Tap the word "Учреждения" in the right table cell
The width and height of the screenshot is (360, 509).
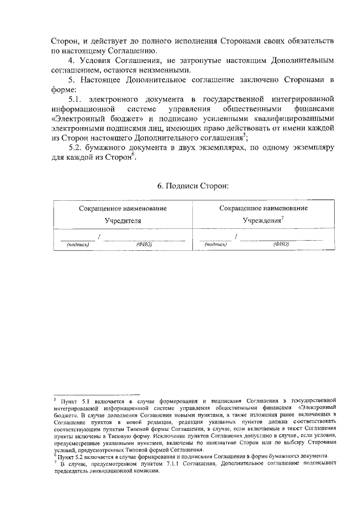pyautogui.click(x=261, y=221)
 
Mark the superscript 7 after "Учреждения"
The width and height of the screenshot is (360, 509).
pyautogui.click(x=282, y=218)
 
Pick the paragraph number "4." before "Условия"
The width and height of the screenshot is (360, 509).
pyautogui.click(x=71, y=61)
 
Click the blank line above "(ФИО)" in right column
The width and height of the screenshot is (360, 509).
pyautogui.click(x=281, y=240)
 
